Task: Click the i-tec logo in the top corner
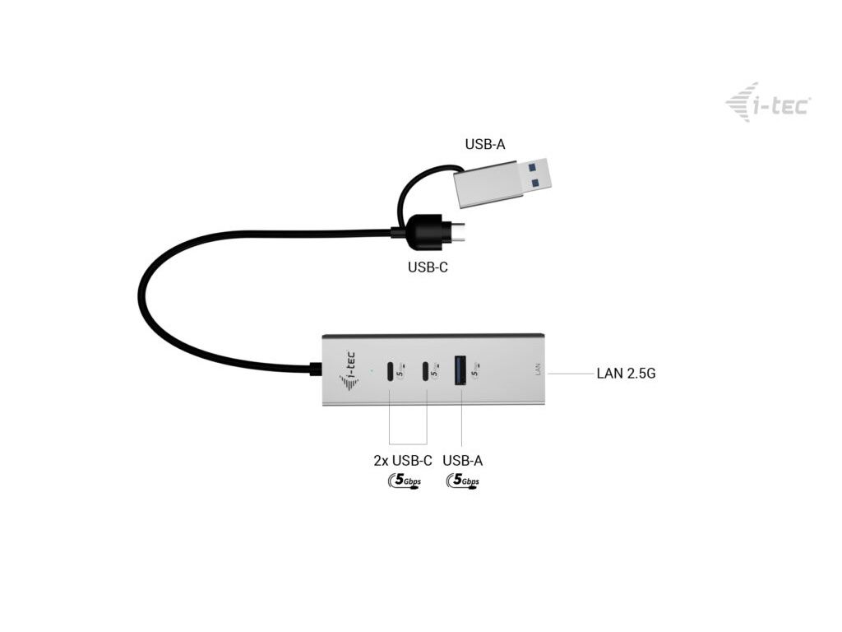click(768, 103)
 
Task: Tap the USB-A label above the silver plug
click(485, 145)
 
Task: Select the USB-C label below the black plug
click(428, 267)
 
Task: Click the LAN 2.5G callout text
click(626, 374)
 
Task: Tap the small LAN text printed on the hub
click(538, 369)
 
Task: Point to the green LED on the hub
click(372, 369)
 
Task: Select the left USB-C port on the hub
click(390, 370)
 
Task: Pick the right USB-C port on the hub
click(426, 370)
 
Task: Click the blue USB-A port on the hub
click(460, 369)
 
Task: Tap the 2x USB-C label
click(397, 461)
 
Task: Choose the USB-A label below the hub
click(462, 461)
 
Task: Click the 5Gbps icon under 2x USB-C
click(402, 481)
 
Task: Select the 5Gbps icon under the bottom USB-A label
click(463, 481)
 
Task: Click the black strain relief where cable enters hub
click(316, 369)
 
